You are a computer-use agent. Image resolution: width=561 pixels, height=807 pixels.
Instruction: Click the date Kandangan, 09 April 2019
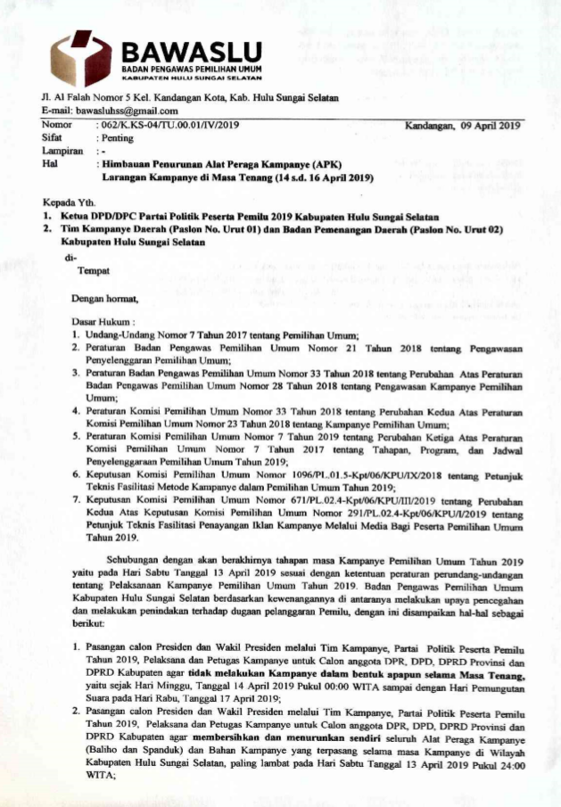[462, 126]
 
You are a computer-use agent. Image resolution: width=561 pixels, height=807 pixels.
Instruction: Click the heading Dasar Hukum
[103, 320]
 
